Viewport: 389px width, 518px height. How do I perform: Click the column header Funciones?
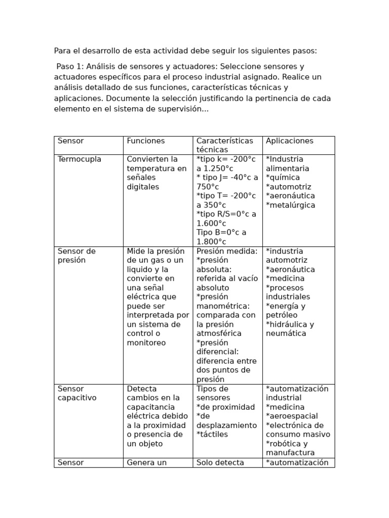(145, 141)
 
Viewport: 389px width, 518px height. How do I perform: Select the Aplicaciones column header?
(289, 141)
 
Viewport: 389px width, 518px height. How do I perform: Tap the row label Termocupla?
(80, 159)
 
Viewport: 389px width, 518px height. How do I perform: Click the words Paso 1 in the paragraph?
(67, 67)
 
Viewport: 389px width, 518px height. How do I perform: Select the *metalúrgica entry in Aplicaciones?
(290, 205)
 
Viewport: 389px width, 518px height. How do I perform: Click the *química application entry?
(283, 178)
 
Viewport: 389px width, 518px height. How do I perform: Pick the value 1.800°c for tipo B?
(211, 242)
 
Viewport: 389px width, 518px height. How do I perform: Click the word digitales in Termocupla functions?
(143, 187)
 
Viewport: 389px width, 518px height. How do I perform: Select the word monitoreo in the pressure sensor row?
(146, 343)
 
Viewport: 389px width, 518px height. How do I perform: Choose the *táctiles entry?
(212, 435)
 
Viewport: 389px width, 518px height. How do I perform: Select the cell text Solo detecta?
(220, 462)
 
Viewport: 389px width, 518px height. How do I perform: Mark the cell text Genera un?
(146, 462)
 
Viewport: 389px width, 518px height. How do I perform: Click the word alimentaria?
(287, 168)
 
